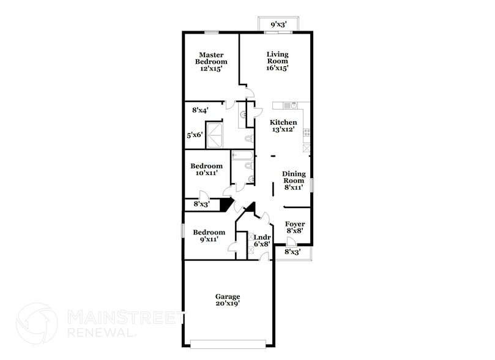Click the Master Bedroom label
[211, 62]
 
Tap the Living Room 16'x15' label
[277, 61]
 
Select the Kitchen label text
[284, 126]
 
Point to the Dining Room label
[293, 181]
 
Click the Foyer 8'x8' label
[295, 228]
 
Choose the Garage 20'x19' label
[227, 299]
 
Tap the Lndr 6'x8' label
[262, 240]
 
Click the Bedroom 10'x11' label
[206, 170]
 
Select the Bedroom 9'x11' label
[209, 236]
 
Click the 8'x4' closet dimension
[200, 111]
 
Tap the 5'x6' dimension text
[195, 135]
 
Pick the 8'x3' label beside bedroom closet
[201, 204]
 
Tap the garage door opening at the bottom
[227, 343]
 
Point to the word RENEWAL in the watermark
[102, 332]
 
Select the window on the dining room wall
[311, 184]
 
